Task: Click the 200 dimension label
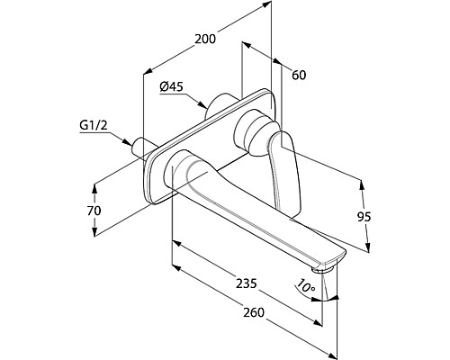pos(205,39)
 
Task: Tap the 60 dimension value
pos(299,75)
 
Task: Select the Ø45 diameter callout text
pos(171,87)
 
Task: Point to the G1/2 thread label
pos(94,126)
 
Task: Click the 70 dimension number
pos(94,211)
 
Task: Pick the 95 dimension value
pos(364,217)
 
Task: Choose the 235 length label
pos(247,283)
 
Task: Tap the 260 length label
pos(254,312)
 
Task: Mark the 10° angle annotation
pos(305,286)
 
